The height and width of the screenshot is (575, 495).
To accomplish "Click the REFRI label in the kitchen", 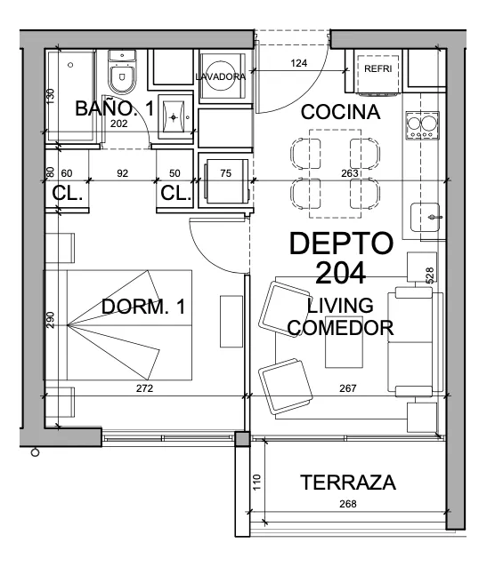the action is pyautogui.click(x=377, y=68).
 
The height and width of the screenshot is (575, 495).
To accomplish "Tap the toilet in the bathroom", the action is pyautogui.click(x=122, y=72).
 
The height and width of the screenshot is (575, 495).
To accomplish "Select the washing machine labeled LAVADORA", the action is pyautogui.click(x=221, y=76).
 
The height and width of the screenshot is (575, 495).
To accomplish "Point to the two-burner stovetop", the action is pyautogui.click(x=422, y=125).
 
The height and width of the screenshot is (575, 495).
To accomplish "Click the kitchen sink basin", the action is pyautogui.click(x=425, y=217).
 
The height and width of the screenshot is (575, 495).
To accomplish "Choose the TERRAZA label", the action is pyautogui.click(x=348, y=483).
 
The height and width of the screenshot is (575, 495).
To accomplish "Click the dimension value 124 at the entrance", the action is pyautogui.click(x=299, y=63).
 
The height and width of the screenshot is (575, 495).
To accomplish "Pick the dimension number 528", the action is pyautogui.click(x=430, y=275).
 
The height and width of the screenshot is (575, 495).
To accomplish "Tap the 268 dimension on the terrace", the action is pyautogui.click(x=347, y=504).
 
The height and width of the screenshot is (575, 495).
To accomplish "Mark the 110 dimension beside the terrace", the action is pyautogui.click(x=256, y=483).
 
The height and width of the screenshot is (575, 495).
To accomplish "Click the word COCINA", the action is pyautogui.click(x=340, y=112).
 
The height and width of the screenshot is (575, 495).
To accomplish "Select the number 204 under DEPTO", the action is pyautogui.click(x=340, y=273).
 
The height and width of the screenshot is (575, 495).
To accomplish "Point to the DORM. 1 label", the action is pyautogui.click(x=143, y=307).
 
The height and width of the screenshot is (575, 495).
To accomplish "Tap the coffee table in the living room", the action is pyautogui.click(x=344, y=342).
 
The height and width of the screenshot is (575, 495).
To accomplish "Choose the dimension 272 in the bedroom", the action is pyautogui.click(x=144, y=388).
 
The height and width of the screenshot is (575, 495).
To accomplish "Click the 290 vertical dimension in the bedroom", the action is pyautogui.click(x=51, y=320).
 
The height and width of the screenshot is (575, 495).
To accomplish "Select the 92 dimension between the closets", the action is pyautogui.click(x=122, y=173).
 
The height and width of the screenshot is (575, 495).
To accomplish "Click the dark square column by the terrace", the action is pyautogui.click(x=242, y=439).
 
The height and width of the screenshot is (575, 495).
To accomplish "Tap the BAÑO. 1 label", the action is pyautogui.click(x=115, y=108).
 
